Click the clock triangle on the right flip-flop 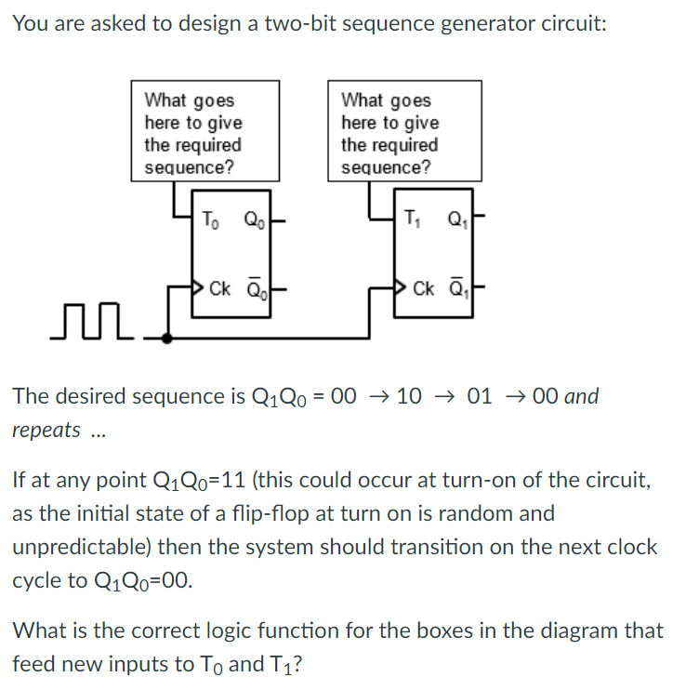pos(402,285)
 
